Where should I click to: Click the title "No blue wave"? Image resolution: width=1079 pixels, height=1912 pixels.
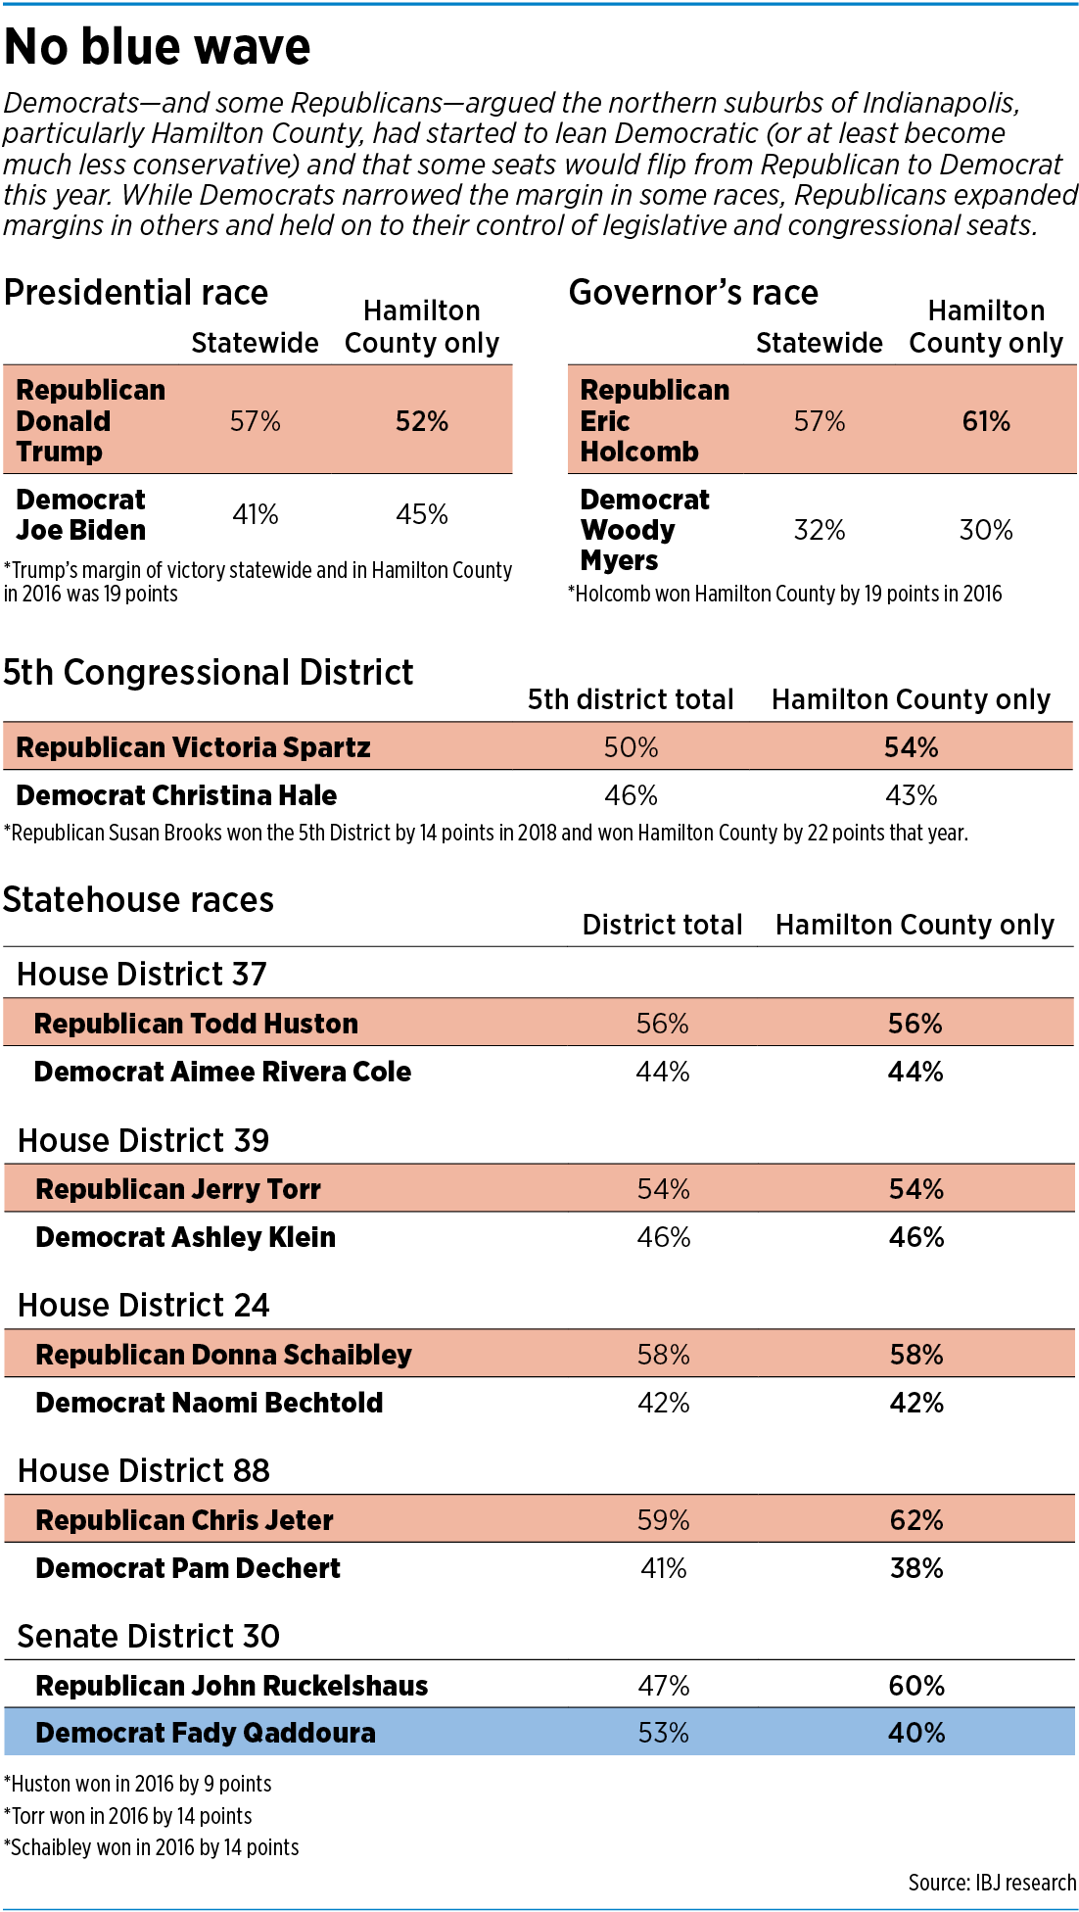(158, 47)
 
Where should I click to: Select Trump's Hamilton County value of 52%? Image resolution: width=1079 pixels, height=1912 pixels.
(422, 421)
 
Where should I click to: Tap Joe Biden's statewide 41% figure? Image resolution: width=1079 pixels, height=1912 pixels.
(256, 514)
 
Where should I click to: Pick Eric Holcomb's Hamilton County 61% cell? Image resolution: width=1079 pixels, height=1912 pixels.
(986, 421)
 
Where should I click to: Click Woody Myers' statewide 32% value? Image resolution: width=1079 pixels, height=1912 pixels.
(820, 530)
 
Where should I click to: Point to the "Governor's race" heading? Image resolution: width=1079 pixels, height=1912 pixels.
(693, 293)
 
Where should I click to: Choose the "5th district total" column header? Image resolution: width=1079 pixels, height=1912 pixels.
(631, 699)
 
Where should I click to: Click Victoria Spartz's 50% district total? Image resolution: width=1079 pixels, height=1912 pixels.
(632, 747)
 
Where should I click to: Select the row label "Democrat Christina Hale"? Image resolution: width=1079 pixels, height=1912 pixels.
(176, 795)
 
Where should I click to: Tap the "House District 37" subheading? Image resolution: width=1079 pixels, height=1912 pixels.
(142, 975)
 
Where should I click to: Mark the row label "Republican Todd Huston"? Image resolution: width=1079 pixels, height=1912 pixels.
(196, 1024)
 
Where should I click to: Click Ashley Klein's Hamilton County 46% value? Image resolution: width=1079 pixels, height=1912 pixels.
(916, 1237)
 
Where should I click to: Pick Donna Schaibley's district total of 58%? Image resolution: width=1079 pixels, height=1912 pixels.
(664, 1355)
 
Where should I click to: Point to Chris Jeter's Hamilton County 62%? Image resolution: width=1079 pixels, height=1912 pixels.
(916, 1520)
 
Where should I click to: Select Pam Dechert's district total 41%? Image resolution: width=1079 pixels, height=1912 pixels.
(664, 1568)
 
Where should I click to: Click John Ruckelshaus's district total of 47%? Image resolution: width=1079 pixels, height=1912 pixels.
(664, 1686)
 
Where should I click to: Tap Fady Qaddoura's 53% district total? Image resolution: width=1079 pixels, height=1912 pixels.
(664, 1733)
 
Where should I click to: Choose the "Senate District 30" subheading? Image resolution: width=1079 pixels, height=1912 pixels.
(149, 1637)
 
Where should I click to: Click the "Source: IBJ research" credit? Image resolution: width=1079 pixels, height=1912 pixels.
(992, 1883)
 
